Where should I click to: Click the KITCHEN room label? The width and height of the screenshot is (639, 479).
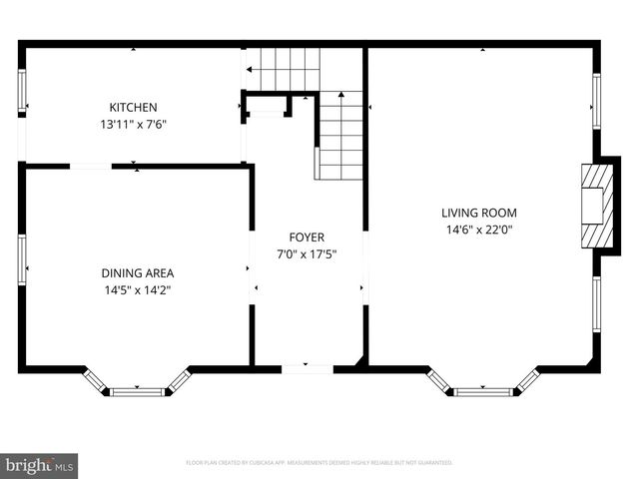click(133, 107)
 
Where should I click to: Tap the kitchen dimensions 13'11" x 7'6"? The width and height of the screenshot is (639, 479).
click(133, 125)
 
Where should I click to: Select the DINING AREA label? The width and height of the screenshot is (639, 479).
click(137, 273)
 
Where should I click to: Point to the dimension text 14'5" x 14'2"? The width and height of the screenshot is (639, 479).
click(137, 291)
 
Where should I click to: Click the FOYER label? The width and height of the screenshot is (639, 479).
click(307, 237)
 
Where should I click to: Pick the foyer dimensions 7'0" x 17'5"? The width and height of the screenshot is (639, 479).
click(307, 253)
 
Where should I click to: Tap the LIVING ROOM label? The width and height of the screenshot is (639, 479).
click(479, 212)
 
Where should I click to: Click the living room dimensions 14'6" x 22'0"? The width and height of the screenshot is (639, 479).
click(479, 230)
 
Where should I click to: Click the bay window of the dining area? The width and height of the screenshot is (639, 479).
click(136, 389)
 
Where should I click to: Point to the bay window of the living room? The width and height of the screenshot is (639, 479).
click(483, 389)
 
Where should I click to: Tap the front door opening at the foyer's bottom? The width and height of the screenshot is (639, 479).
click(307, 368)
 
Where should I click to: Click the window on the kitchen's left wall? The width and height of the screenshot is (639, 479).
click(22, 93)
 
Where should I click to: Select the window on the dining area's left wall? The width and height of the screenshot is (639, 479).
click(22, 259)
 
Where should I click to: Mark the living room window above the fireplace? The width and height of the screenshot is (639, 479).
click(596, 102)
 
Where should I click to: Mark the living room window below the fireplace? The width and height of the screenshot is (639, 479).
click(596, 304)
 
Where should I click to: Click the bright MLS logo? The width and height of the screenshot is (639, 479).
click(40, 464)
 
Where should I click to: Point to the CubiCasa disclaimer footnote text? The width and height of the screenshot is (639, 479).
click(319, 463)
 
